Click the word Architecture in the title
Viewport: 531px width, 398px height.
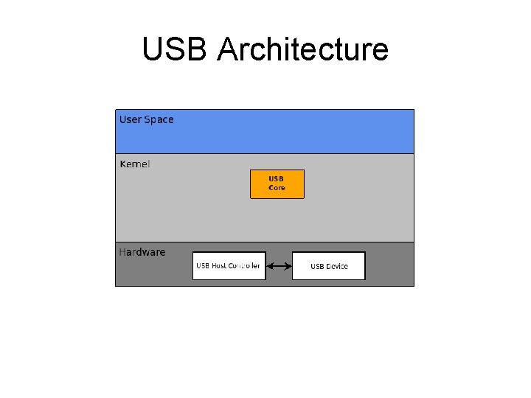pyautogui.click(x=303, y=49)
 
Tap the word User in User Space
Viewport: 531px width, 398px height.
pyautogui.click(x=131, y=119)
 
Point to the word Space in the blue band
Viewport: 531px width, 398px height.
pyautogui.click(x=159, y=119)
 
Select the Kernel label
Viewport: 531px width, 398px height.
pyautogui.click(x=134, y=164)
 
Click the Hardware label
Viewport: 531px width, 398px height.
pyautogui.click(x=142, y=252)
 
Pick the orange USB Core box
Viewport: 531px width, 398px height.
pyautogui.click(x=277, y=184)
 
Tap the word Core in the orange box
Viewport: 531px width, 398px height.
pyautogui.click(x=277, y=188)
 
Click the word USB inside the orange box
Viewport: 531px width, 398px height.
pyautogui.click(x=277, y=179)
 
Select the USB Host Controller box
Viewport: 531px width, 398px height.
pyautogui.click(x=229, y=266)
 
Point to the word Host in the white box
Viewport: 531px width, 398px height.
pyautogui.click(x=219, y=266)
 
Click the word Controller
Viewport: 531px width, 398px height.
pyautogui.click(x=244, y=266)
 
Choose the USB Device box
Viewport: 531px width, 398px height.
pyautogui.click(x=329, y=266)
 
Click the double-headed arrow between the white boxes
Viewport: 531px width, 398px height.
pyautogui.click(x=279, y=266)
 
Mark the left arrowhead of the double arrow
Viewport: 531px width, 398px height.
pyautogui.click(x=269, y=266)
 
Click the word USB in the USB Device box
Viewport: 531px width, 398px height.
pyautogui.click(x=317, y=266)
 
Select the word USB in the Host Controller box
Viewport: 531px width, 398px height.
pyautogui.click(x=203, y=266)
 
